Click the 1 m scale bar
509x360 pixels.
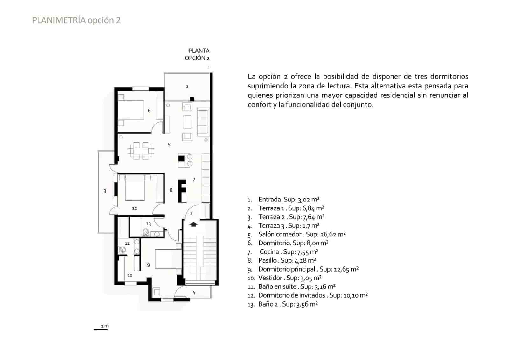pos(101,329)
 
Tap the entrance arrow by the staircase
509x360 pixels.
pos(193,224)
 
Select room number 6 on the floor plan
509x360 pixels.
pos(149,111)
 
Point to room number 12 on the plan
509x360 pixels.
pos(135,208)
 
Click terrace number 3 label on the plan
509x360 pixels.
pos(105,191)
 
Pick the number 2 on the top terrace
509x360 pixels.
pos(187,86)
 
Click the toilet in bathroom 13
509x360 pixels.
pos(146,233)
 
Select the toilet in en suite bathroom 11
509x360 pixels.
pos(122,250)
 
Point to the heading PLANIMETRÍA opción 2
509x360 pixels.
pos(76,20)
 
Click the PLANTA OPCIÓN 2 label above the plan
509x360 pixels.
pos(198,54)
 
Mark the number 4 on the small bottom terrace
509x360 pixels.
pos(194,293)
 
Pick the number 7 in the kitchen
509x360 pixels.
pos(194,180)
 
